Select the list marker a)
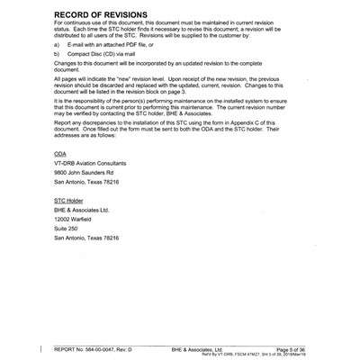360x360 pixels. point(58,43)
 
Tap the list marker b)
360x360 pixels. point(58,55)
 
